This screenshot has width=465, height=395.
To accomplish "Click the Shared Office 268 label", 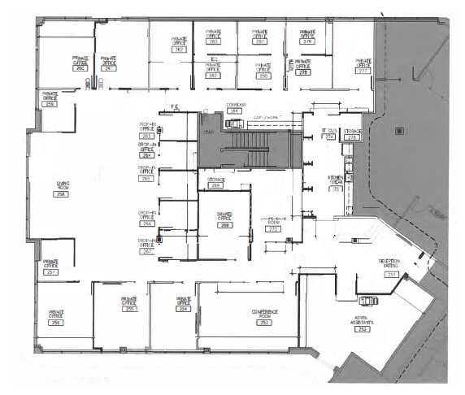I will point(225,220).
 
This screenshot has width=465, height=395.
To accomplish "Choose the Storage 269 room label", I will point(215,182).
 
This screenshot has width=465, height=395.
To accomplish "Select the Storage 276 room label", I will point(352,133).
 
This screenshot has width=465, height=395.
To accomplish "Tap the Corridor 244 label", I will point(237,108).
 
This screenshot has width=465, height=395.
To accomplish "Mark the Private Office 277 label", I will point(363,65).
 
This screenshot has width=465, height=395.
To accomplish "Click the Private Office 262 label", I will point(179,44).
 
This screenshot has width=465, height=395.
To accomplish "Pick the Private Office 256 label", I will point(56,316).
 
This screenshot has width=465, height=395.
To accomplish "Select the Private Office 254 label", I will point(184,304).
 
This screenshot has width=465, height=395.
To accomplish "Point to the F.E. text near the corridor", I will point(173,106).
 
